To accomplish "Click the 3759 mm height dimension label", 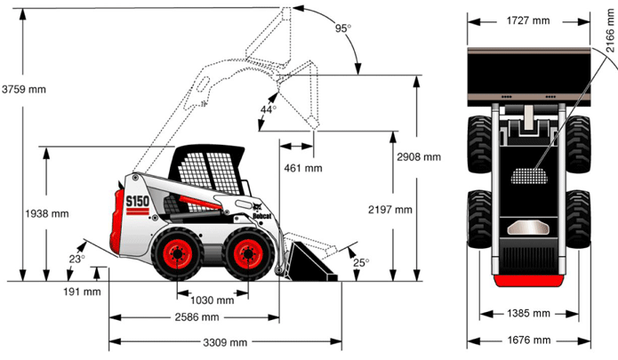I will (x=23, y=89).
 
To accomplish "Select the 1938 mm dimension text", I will (x=46, y=213).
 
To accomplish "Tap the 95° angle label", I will (x=342, y=28).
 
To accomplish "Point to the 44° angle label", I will (x=269, y=109).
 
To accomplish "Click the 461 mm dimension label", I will (x=303, y=167).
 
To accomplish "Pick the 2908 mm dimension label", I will (x=419, y=157).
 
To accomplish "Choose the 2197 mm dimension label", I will (x=390, y=210).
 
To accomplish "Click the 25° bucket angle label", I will (x=360, y=262).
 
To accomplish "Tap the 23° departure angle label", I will (x=77, y=260).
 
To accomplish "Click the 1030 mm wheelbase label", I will (x=213, y=300).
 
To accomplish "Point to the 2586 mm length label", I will (x=197, y=316).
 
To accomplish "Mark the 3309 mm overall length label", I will (x=226, y=342).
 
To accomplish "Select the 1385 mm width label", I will (x=529, y=314).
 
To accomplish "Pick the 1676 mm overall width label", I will (x=529, y=340).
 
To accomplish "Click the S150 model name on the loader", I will (x=136, y=203).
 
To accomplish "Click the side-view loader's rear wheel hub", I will (x=178, y=254).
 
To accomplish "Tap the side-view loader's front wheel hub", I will (x=248, y=253).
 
